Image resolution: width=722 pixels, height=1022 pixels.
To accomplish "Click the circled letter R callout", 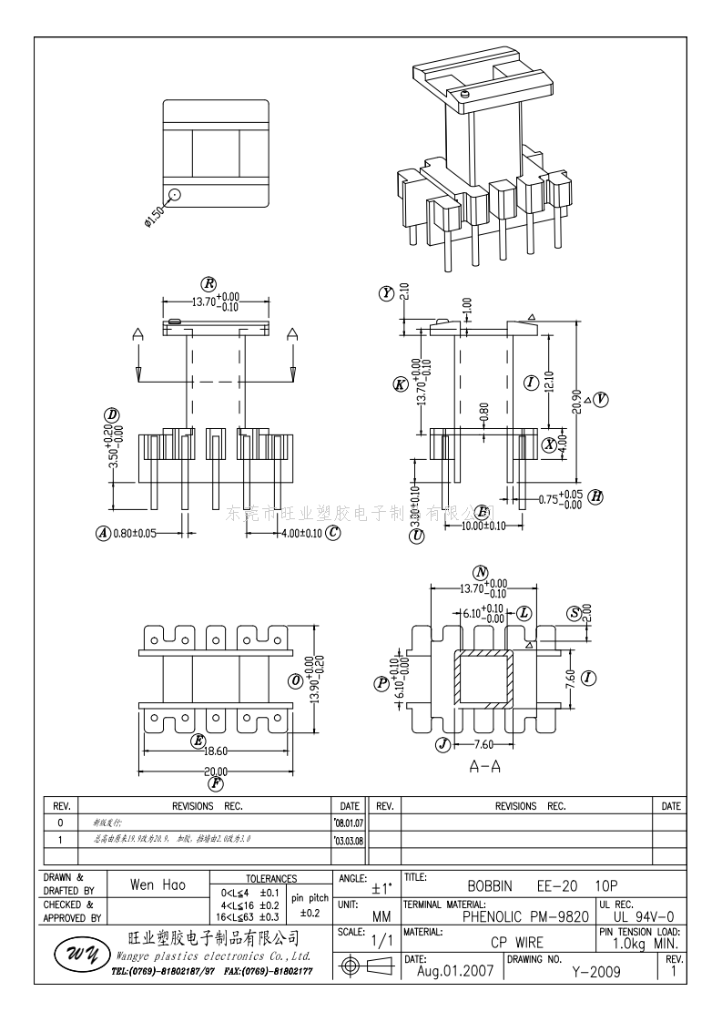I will point(209,283).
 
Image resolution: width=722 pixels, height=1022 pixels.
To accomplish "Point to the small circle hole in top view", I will point(175,194).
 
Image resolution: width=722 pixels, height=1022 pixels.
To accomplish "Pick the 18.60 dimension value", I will point(216,751).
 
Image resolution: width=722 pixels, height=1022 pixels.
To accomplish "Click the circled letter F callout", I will point(216,783).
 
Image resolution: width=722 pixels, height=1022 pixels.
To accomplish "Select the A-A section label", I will point(484,767).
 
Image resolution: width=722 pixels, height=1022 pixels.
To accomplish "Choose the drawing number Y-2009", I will point(595,972).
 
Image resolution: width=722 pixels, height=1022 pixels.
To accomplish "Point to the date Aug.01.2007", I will point(454,971).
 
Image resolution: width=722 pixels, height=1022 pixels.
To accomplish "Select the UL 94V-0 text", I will point(643,916).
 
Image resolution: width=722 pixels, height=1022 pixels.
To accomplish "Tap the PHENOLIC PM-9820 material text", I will point(525,916).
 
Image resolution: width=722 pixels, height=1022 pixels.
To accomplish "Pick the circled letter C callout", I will point(333,533).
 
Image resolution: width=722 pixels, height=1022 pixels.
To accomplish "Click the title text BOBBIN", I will point(490,885).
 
